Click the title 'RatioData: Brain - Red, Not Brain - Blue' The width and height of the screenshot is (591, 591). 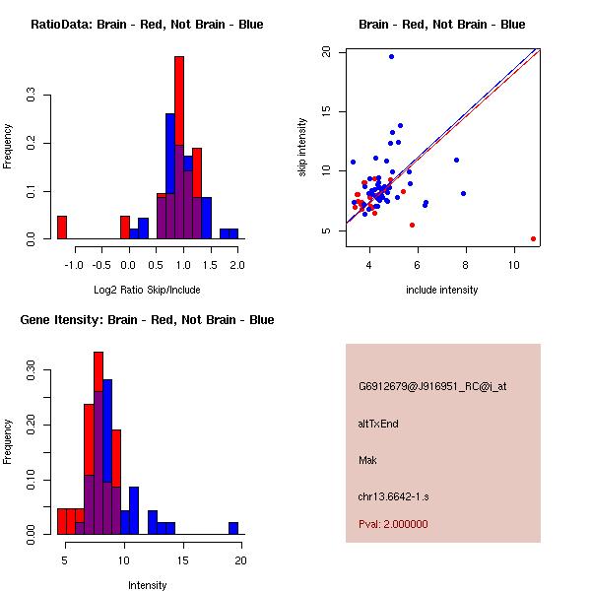pyautogui.click(x=147, y=25)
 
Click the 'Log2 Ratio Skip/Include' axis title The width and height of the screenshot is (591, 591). pyautogui.click(x=147, y=290)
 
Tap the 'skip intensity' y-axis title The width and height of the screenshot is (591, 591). pyautogui.click(x=303, y=148)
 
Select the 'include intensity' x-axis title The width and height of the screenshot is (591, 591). pyautogui.click(x=441, y=290)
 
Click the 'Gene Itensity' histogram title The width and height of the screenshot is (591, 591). pyautogui.click(x=147, y=320)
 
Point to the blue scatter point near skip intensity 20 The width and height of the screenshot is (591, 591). pyautogui.click(x=391, y=57)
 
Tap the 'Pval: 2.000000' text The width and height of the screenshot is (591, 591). pyautogui.click(x=393, y=524)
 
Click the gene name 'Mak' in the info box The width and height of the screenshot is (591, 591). pyautogui.click(x=367, y=460)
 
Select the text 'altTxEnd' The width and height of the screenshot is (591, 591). pyautogui.click(x=378, y=425)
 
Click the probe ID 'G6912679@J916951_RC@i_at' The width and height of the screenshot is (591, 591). pyautogui.click(x=432, y=387)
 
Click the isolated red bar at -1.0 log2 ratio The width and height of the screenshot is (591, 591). pyautogui.click(x=62, y=228)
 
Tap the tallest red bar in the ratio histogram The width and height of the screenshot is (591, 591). pyautogui.click(x=179, y=148)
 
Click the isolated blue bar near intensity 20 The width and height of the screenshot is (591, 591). pyautogui.click(x=233, y=528)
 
